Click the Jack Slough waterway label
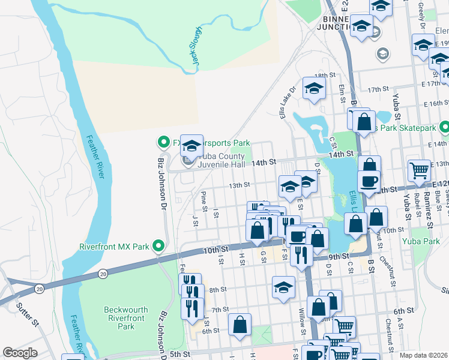point(198,47)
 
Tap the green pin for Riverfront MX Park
point(158,246)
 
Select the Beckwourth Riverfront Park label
point(126,318)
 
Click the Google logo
point(20,353)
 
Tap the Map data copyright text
point(424,355)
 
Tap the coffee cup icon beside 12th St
point(369,181)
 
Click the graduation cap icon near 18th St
point(313,89)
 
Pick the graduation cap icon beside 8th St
point(283,287)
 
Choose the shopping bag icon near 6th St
point(240,325)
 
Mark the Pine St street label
point(205,197)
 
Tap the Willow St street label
point(303,317)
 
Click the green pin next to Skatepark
point(444,127)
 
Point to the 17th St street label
point(375,89)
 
